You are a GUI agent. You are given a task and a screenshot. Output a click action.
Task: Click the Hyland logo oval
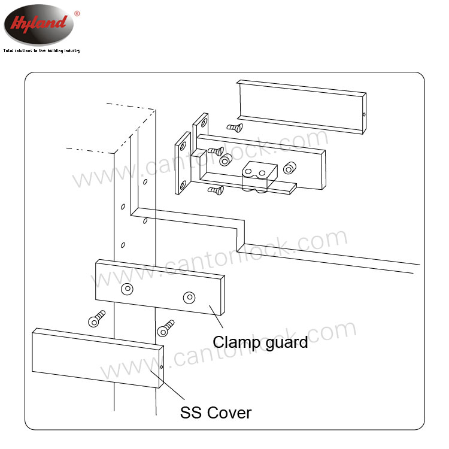pos(39,25)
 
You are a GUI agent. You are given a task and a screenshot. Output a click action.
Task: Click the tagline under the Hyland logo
pos(42,51)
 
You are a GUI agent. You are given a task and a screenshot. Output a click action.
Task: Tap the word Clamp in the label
pos(236,342)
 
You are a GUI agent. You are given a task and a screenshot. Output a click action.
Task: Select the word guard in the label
pos(287,343)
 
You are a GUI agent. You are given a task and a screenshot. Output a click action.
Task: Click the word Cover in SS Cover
pos(229,413)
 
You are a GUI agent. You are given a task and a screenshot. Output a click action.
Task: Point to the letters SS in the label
pos(191,413)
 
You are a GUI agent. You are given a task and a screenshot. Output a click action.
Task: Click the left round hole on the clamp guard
pos(127,289)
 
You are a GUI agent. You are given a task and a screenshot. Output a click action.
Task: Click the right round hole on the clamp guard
pos(189,298)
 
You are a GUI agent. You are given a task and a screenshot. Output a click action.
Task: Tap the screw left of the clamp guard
pos(96,318)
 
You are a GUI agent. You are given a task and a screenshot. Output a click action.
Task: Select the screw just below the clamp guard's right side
pos(165,328)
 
